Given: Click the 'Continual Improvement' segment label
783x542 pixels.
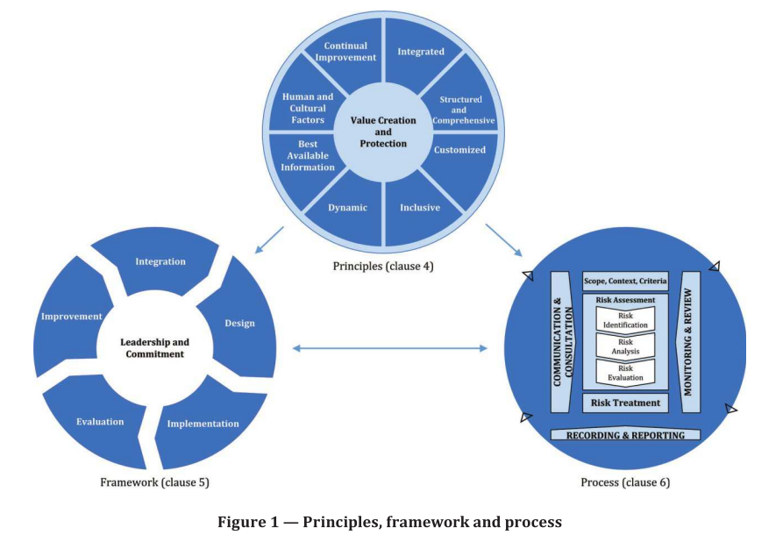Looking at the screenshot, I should pos(350,52).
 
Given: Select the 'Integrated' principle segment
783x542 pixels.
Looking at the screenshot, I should pos(421,52).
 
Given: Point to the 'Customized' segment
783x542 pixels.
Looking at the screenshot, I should pos(460,150).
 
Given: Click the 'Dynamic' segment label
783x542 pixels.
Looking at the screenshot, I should pos(347,208).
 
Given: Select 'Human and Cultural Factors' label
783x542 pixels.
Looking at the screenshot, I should pos(308,108).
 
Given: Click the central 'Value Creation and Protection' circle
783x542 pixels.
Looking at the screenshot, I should pos(384,132).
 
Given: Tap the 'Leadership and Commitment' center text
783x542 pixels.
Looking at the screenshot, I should pos(154,348).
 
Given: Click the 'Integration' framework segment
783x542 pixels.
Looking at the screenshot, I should pos(160,261).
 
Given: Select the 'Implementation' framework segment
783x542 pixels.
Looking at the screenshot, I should pos(203,424).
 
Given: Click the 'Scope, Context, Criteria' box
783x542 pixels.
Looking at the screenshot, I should pos(625,282).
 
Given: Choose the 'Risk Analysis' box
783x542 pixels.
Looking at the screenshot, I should pos(625,346).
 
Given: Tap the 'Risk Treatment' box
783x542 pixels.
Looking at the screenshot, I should pos(625,403).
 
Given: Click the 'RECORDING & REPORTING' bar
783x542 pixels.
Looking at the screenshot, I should pos(625,435).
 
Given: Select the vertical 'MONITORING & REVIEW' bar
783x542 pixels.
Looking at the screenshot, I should pos(689,343).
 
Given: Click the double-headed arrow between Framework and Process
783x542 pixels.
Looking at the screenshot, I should pos(389,349).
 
